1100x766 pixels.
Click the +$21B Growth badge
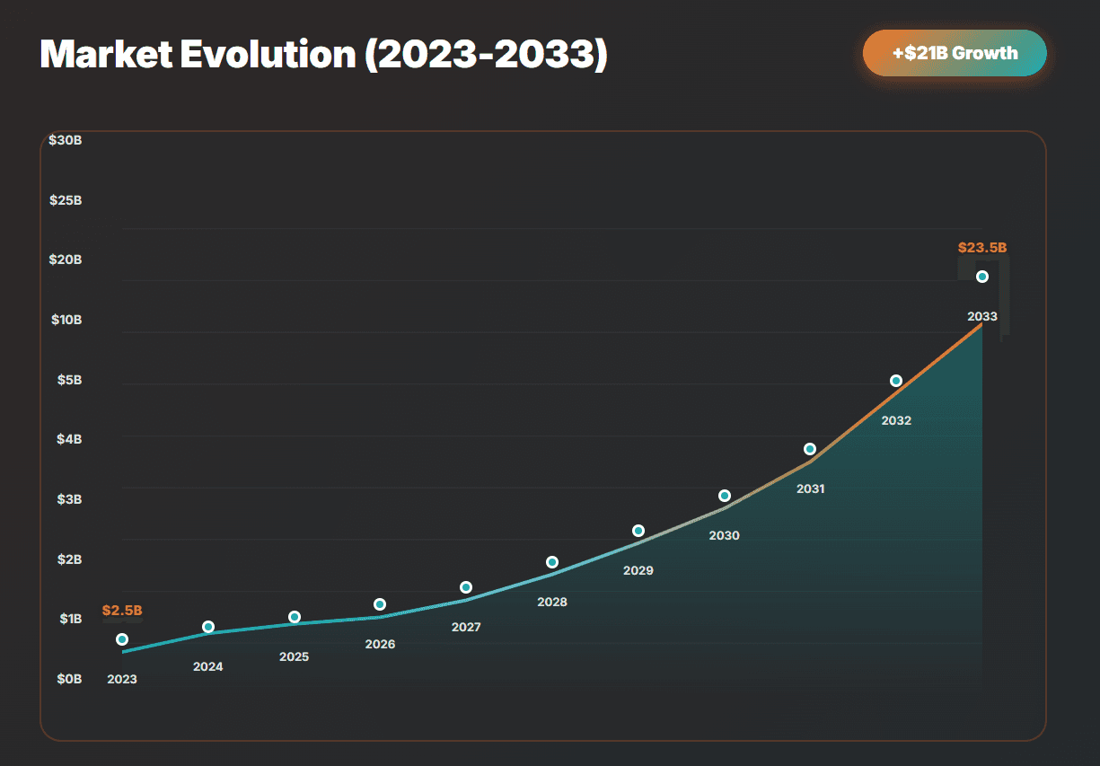(x=955, y=53)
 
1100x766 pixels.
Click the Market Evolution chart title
(x=324, y=55)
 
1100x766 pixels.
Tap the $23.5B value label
(x=981, y=248)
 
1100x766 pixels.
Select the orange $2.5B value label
(x=122, y=611)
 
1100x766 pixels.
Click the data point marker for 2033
(x=982, y=277)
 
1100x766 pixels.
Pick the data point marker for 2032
(x=896, y=381)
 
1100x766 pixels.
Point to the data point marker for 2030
(x=725, y=496)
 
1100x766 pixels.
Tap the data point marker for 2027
(x=466, y=587)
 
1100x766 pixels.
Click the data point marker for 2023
(x=122, y=639)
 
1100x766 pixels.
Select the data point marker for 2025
(x=295, y=617)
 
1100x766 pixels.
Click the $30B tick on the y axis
(x=66, y=140)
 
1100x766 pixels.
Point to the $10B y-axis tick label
(x=66, y=320)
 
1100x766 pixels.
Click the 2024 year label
(x=208, y=667)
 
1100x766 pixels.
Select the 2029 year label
(x=638, y=571)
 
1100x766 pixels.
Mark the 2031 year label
(x=811, y=489)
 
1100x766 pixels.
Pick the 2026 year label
(x=381, y=645)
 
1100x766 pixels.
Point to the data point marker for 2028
(x=552, y=562)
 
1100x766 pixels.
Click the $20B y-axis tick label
(x=66, y=260)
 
